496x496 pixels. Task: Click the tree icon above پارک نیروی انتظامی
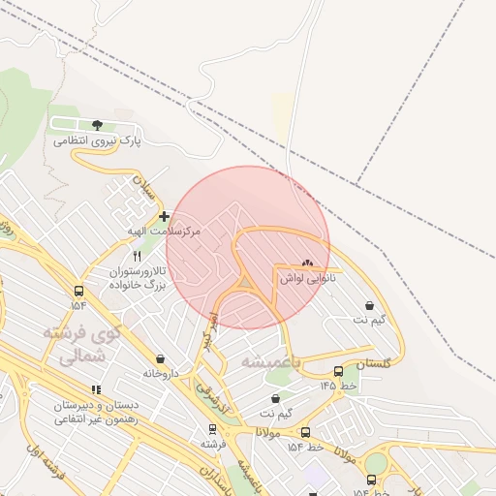96,125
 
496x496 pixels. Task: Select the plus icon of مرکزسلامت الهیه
164,217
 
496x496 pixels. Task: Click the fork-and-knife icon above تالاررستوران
137,256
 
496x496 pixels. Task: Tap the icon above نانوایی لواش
307,263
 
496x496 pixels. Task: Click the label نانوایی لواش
307,278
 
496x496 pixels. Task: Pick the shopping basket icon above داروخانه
159,358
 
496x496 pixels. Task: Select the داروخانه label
161,373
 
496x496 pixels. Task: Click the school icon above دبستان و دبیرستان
95,389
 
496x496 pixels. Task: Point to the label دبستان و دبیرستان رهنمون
95,411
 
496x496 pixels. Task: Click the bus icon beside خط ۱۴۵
338,371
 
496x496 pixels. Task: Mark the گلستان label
372,362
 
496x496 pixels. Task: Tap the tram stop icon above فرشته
212,428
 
